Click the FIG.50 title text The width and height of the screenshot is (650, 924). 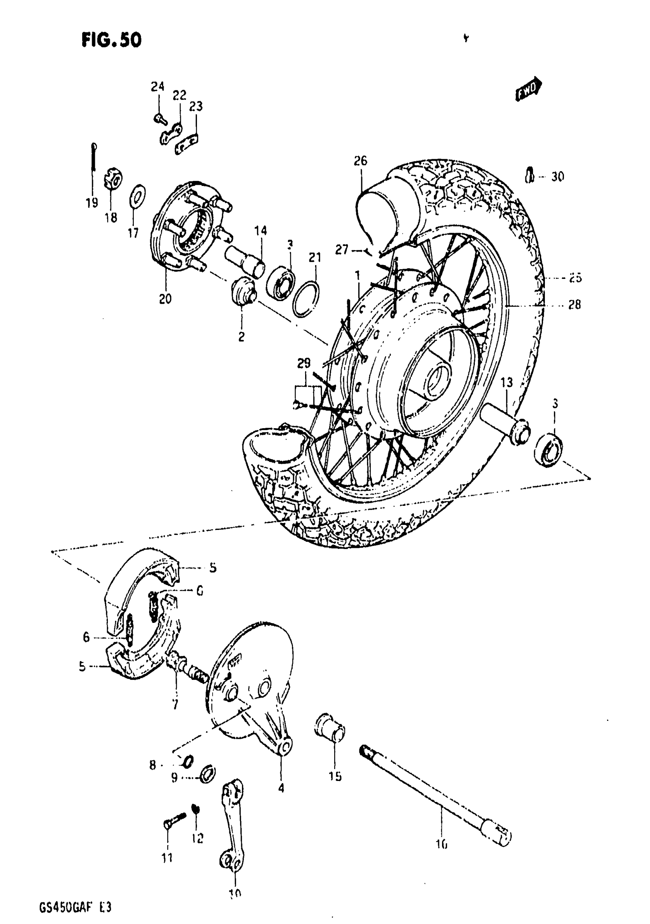pos(111,40)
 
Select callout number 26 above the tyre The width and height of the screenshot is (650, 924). pos(361,161)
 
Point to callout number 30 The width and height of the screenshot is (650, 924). pos(557,177)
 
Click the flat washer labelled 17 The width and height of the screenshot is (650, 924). pos(137,196)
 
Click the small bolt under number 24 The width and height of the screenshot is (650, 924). pos(159,117)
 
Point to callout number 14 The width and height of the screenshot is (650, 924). pos(260,231)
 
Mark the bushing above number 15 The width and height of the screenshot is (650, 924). pos(329,729)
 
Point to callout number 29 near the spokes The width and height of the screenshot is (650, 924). pos(304,363)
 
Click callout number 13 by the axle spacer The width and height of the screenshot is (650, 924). pos(506,382)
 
